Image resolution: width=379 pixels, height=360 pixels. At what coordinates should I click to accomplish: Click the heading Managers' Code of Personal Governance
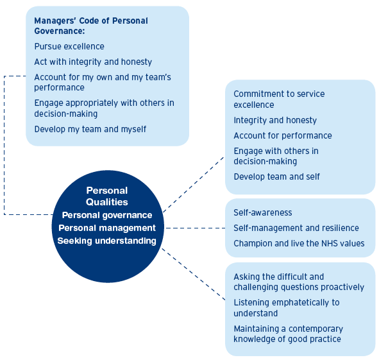pyautogui.click(x=91, y=26)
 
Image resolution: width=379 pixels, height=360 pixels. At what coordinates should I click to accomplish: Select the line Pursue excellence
pyautogui.click(x=69, y=46)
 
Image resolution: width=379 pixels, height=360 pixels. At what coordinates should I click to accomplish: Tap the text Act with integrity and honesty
pyautogui.click(x=93, y=62)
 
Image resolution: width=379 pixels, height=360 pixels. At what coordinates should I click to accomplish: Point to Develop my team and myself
pyautogui.click(x=90, y=129)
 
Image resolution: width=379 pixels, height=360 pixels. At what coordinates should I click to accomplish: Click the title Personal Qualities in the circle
pyautogui.click(x=107, y=196)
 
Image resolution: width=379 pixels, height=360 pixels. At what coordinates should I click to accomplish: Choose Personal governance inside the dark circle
pyautogui.click(x=107, y=215)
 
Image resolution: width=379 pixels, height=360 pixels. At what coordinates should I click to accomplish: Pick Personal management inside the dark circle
pyautogui.click(x=107, y=228)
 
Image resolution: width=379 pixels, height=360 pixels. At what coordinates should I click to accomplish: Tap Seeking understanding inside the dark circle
pyautogui.click(x=107, y=241)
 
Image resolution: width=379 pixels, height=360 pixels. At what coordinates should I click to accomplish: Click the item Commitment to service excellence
pyautogui.click(x=279, y=99)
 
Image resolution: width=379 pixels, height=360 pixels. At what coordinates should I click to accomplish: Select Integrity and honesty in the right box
pyautogui.click(x=275, y=120)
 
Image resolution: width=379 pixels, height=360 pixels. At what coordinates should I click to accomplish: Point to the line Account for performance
pyautogui.click(x=283, y=135)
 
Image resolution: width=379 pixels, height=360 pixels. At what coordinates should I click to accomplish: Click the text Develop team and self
pyautogui.click(x=277, y=176)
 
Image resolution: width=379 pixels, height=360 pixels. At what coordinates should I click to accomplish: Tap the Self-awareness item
pyautogui.click(x=263, y=212)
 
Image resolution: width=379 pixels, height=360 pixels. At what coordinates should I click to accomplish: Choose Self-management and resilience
pyautogui.click(x=296, y=228)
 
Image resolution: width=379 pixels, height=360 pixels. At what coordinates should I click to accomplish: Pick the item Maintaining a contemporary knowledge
pyautogui.click(x=289, y=334)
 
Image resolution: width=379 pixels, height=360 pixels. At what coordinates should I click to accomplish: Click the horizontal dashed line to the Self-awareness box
pyautogui.click(x=196, y=228)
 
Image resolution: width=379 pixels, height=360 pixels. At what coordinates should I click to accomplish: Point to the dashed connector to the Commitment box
pyautogui.click(x=194, y=185)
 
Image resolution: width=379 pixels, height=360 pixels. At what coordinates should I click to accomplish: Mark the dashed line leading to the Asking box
pyautogui.click(x=194, y=274)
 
